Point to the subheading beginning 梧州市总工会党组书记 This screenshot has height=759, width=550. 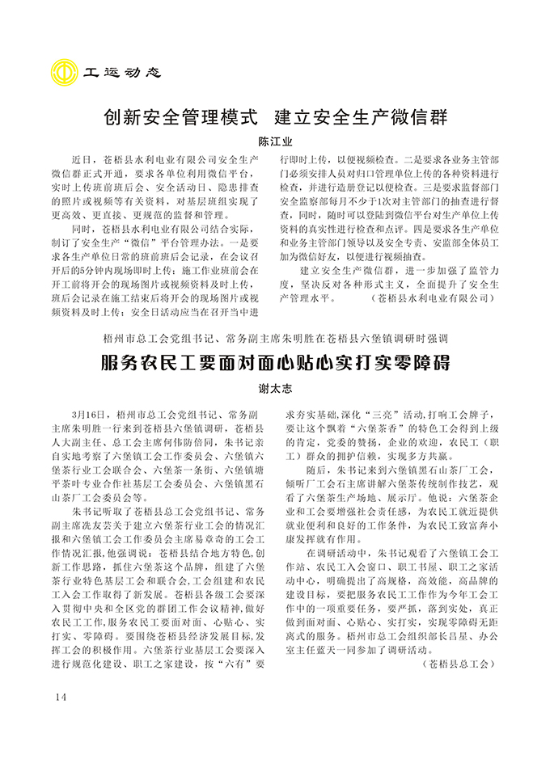[x=275, y=336]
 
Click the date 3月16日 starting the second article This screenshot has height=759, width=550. [x=90, y=413]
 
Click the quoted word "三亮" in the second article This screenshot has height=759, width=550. [x=372, y=413]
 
